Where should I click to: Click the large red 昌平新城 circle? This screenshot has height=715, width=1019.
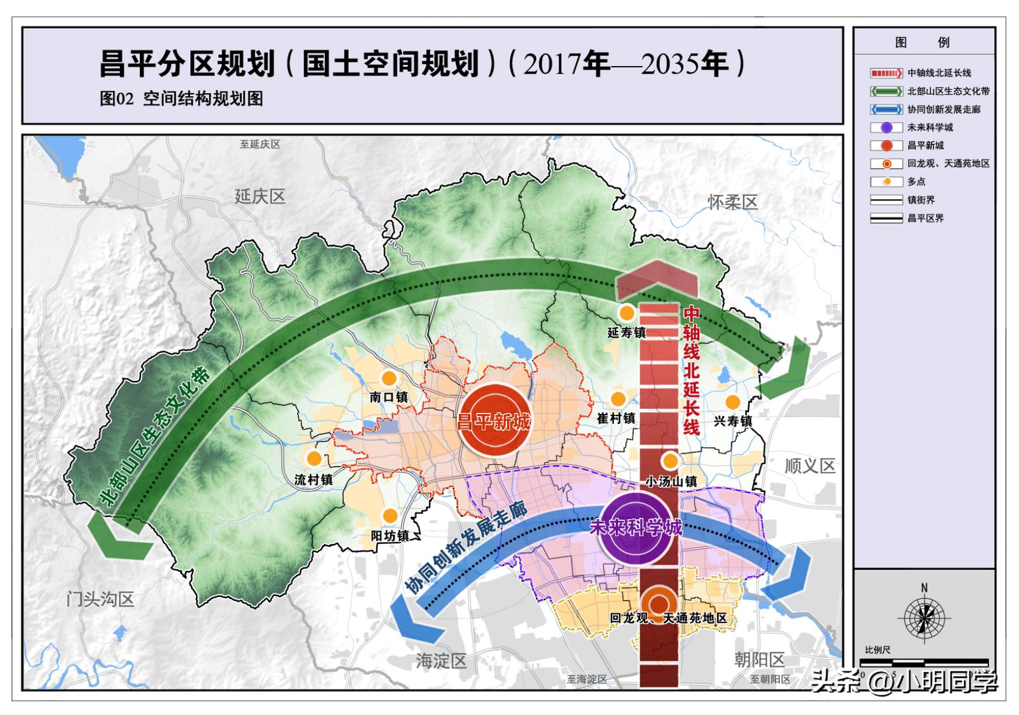click(x=495, y=420)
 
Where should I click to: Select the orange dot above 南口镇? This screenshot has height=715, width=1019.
click(x=388, y=379)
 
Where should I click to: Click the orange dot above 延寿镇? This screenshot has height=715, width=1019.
click(x=626, y=313)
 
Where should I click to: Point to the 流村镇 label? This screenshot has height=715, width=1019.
click(x=314, y=480)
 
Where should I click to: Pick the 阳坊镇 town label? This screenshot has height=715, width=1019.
click(x=390, y=536)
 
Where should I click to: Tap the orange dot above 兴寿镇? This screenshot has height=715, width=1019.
click(x=732, y=402)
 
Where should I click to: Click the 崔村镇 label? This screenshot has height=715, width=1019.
click(x=616, y=418)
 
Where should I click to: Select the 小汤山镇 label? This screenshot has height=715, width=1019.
click(x=671, y=481)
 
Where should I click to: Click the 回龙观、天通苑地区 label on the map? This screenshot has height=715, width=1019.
click(x=668, y=618)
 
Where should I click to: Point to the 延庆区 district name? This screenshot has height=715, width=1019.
click(x=259, y=196)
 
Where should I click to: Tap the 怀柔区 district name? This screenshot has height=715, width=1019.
click(x=732, y=202)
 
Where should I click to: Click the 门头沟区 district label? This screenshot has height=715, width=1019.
click(x=100, y=599)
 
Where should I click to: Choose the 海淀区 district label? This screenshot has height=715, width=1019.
click(x=441, y=661)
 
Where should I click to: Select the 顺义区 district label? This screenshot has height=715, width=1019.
click(x=810, y=466)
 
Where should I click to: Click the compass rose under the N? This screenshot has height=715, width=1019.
click(x=923, y=618)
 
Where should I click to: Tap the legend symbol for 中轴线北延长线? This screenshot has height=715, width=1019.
click(x=886, y=73)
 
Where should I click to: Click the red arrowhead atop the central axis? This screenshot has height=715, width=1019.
click(x=656, y=279)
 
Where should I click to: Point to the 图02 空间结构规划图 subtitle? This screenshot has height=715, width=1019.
click(x=181, y=99)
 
